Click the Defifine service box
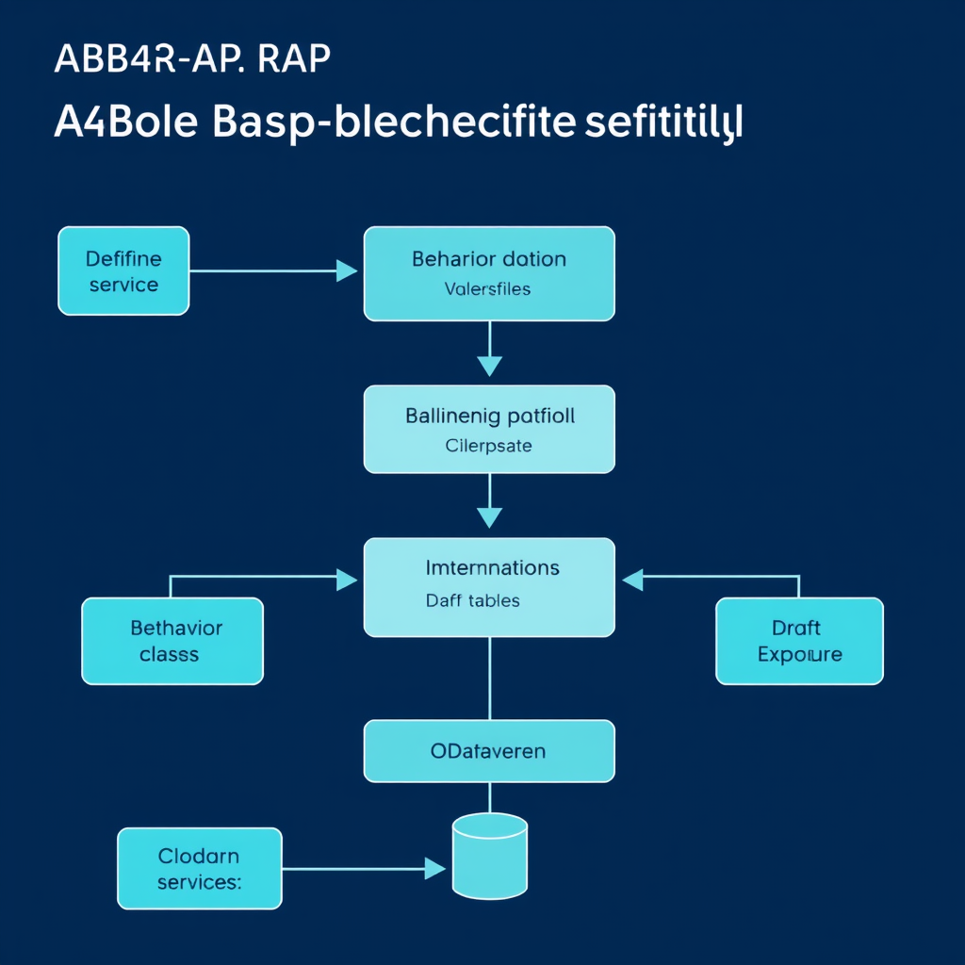click(123, 271)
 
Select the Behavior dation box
click(489, 273)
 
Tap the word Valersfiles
click(487, 289)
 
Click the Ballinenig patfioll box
click(489, 429)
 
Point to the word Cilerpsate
click(488, 445)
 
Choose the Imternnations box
click(489, 586)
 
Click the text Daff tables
click(472, 600)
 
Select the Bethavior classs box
click(172, 641)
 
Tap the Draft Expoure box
click(799, 641)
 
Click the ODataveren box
click(489, 751)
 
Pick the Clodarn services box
click(199, 868)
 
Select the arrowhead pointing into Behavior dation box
click(348, 271)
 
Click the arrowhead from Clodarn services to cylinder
click(434, 868)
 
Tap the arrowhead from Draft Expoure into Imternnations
click(632, 580)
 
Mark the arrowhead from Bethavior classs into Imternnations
click(348, 580)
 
